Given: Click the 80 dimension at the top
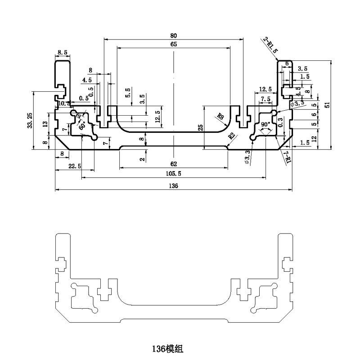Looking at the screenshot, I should (174, 35).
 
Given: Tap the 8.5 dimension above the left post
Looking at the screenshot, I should (62, 53).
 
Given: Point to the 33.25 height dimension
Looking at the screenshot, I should (30, 120).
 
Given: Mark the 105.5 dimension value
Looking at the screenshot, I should (174, 174).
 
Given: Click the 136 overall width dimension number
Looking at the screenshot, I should (174, 185).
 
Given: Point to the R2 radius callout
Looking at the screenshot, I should (232, 136).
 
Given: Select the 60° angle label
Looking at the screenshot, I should (82, 127).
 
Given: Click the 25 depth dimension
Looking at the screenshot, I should (201, 128).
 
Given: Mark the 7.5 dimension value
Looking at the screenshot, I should (265, 99).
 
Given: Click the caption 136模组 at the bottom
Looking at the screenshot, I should (167, 348).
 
